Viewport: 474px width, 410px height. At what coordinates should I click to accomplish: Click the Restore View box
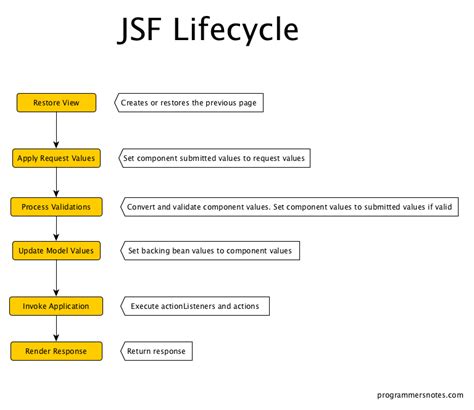(x=56, y=102)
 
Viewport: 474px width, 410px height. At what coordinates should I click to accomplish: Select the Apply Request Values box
(x=56, y=157)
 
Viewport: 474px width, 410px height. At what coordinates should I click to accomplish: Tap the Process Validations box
(x=56, y=207)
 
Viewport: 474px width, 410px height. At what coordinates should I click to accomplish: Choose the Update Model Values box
(x=56, y=250)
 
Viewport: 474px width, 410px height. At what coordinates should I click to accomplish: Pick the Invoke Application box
(x=56, y=305)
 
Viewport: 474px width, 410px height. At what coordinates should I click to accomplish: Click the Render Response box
(x=56, y=350)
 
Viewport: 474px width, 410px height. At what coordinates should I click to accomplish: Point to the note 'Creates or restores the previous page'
(x=190, y=102)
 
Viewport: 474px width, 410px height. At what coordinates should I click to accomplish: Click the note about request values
(x=214, y=157)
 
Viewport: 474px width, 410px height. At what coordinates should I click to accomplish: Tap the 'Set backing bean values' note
(x=209, y=250)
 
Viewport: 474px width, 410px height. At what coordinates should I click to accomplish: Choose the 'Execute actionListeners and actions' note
(x=194, y=305)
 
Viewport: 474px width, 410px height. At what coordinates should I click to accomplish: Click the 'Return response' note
(x=154, y=350)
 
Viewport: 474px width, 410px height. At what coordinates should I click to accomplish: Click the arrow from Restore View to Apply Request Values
(x=56, y=129)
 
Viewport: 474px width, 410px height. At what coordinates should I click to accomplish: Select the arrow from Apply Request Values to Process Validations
(x=56, y=182)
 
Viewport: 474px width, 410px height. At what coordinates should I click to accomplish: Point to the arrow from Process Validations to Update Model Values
(x=56, y=228)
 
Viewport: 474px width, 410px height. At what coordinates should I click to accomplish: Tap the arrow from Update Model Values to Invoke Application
(x=56, y=277)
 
